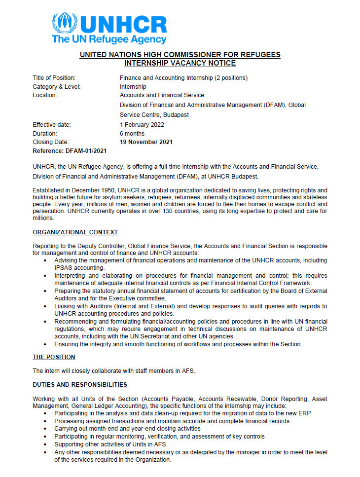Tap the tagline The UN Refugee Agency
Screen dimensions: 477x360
tap(109, 39)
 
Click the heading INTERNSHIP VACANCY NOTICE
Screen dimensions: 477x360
tap(180, 63)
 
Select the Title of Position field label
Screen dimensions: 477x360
tap(54, 78)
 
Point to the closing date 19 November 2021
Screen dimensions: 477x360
tap(146, 142)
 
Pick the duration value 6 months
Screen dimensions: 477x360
tap(132, 133)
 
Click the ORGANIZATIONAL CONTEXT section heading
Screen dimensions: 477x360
tap(75, 232)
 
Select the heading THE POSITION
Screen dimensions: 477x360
tap(54, 357)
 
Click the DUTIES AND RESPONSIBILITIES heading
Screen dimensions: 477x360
tap(80, 384)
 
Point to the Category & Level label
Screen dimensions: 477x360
tap(57, 87)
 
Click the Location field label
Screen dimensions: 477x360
tap(45, 95)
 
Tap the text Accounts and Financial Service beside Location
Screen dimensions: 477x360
tap(162, 95)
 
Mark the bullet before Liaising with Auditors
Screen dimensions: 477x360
tap(46, 307)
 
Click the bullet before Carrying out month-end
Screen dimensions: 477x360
tap(46, 429)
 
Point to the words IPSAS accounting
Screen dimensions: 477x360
tap(79, 267)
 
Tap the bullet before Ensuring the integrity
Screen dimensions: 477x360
tap(46, 344)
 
